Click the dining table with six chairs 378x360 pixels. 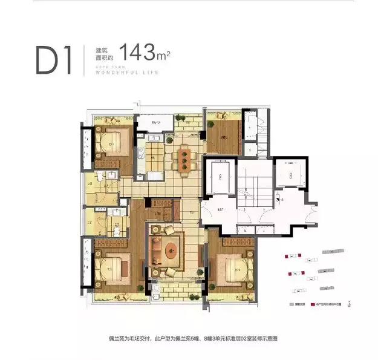[184, 158]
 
